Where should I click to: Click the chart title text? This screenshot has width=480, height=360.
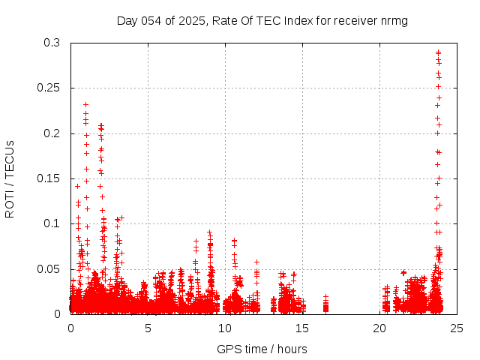(x=262, y=20)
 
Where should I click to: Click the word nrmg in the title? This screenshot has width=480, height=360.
(x=394, y=20)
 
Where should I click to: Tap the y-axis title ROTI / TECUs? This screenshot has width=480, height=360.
(x=10, y=178)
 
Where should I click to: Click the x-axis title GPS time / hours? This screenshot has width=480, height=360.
(x=262, y=349)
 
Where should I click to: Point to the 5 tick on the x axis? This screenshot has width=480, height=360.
(x=148, y=328)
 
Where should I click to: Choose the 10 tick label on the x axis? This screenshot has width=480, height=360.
(x=226, y=328)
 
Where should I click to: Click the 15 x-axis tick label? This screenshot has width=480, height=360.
(x=303, y=328)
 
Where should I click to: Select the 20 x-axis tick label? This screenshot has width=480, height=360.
(x=380, y=328)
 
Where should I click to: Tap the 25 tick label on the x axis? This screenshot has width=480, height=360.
(x=457, y=328)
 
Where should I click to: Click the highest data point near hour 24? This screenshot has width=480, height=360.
(x=438, y=52)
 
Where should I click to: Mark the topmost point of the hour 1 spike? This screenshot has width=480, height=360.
(x=86, y=104)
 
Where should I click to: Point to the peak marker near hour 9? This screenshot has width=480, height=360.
(x=209, y=232)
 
